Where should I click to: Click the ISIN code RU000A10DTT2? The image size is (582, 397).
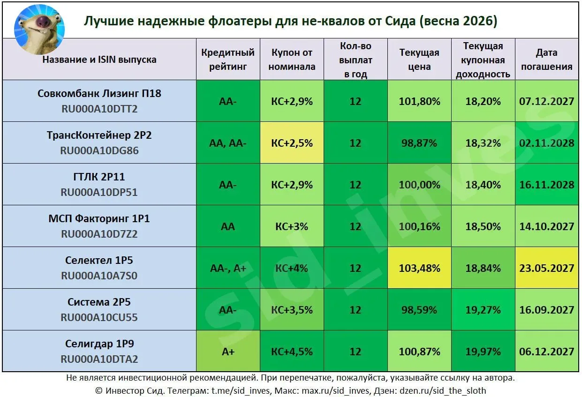(x=99, y=109)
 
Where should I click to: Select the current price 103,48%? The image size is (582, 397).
(x=419, y=268)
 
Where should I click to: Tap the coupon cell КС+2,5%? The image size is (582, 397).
(x=292, y=143)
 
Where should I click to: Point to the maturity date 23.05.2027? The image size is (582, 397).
(x=546, y=268)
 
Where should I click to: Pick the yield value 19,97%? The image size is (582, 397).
(x=483, y=351)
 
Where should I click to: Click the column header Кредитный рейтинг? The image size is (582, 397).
(x=227, y=60)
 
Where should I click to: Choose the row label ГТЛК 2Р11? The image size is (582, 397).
(x=99, y=177)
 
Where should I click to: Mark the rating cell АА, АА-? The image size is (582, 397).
(x=227, y=143)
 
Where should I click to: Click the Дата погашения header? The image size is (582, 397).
(x=547, y=60)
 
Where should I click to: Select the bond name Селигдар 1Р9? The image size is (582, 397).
(x=99, y=344)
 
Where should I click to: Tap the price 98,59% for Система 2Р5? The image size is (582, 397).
(x=419, y=310)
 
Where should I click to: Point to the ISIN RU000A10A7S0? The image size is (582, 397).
(x=99, y=276)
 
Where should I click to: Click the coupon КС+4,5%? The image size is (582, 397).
(x=292, y=351)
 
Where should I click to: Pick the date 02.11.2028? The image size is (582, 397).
(x=546, y=143)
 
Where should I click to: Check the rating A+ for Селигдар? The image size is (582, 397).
(x=227, y=351)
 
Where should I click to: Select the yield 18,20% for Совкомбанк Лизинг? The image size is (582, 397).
(x=483, y=101)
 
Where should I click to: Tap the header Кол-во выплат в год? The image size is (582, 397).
(x=355, y=60)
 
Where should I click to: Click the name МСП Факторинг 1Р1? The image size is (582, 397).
(x=99, y=218)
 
